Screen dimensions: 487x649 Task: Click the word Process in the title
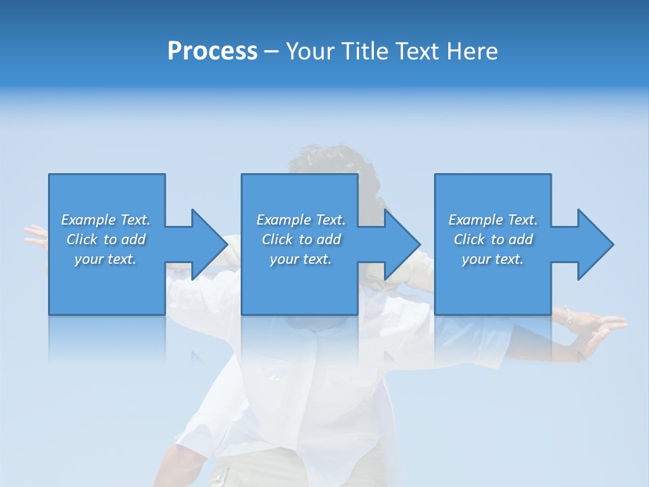pyautogui.click(x=212, y=51)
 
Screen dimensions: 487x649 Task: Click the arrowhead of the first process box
pyautogui.click(x=210, y=244)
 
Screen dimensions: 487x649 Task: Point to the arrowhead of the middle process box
pyautogui.click(x=402, y=244)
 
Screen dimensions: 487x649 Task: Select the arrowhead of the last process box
pyautogui.click(x=596, y=244)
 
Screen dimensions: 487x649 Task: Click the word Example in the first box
pyautogui.click(x=89, y=220)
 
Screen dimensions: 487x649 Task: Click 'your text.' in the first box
pyautogui.click(x=105, y=259)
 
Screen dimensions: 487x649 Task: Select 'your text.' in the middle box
pyautogui.click(x=301, y=259)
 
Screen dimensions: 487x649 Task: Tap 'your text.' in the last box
pyautogui.click(x=493, y=259)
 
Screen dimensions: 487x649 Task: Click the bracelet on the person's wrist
pyautogui.click(x=567, y=316)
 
